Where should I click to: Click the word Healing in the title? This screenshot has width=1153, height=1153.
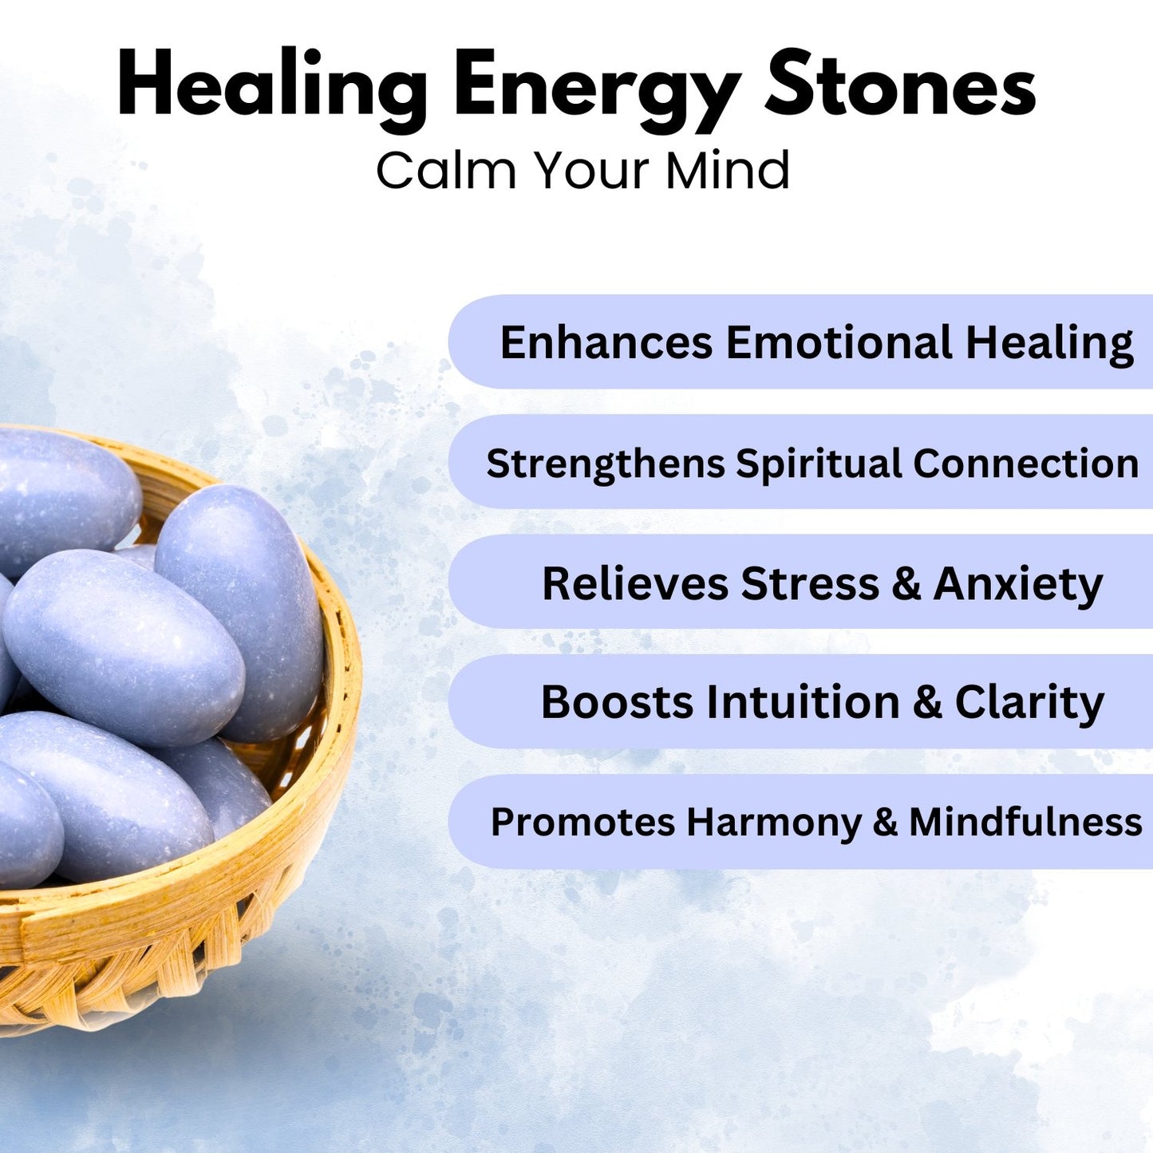click(272, 87)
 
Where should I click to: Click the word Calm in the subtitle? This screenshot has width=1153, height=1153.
click(446, 171)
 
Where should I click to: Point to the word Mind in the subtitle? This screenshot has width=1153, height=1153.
click(728, 171)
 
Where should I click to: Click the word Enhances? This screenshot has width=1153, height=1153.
click(606, 343)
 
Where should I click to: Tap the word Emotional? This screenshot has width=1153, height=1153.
click(839, 343)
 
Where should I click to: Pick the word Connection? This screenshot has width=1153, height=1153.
click(1025, 464)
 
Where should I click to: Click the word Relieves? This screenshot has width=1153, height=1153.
click(635, 583)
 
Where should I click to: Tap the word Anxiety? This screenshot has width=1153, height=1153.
click(1018, 585)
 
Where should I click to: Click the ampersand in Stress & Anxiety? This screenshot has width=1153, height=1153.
click(906, 584)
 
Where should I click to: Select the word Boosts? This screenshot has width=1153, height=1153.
click(617, 702)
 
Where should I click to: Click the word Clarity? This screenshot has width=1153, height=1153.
click(1029, 703)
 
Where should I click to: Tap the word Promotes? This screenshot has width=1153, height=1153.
click(582, 823)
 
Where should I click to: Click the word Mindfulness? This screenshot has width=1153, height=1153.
click(1025, 822)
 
